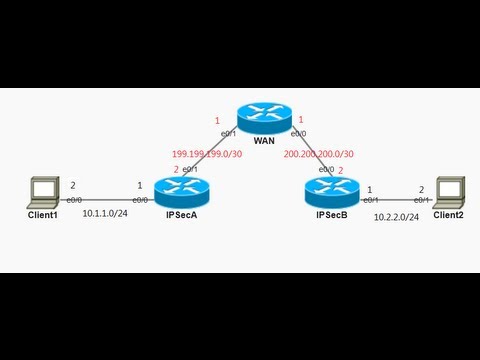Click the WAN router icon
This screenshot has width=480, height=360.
(x=262, y=118)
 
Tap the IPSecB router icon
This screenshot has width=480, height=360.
(x=329, y=189)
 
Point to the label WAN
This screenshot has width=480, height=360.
(x=264, y=140)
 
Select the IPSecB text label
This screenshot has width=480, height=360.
(x=331, y=215)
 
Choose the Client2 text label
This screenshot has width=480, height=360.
(x=449, y=215)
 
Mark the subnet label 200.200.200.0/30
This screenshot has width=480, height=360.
(x=317, y=154)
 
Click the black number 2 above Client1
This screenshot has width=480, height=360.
(x=72, y=185)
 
